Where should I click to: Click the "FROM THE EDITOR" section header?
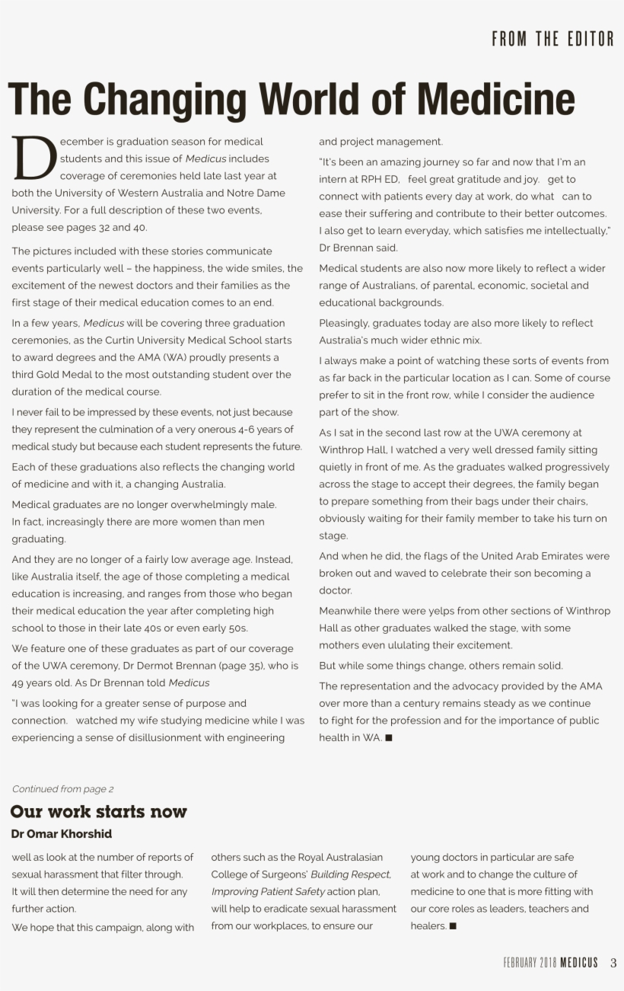(x=552, y=40)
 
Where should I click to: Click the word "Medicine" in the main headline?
(x=495, y=99)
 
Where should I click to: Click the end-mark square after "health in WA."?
(x=389, y=738)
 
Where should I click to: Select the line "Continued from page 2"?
(x=62, y=789)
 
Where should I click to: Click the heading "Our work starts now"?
(x=98, y=811)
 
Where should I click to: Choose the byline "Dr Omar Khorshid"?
(x=62, y=834)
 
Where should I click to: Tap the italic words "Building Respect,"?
(x=351, y=874)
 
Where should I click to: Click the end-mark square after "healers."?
(x=453, y=926)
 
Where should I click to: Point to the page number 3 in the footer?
(x=613, y=963)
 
